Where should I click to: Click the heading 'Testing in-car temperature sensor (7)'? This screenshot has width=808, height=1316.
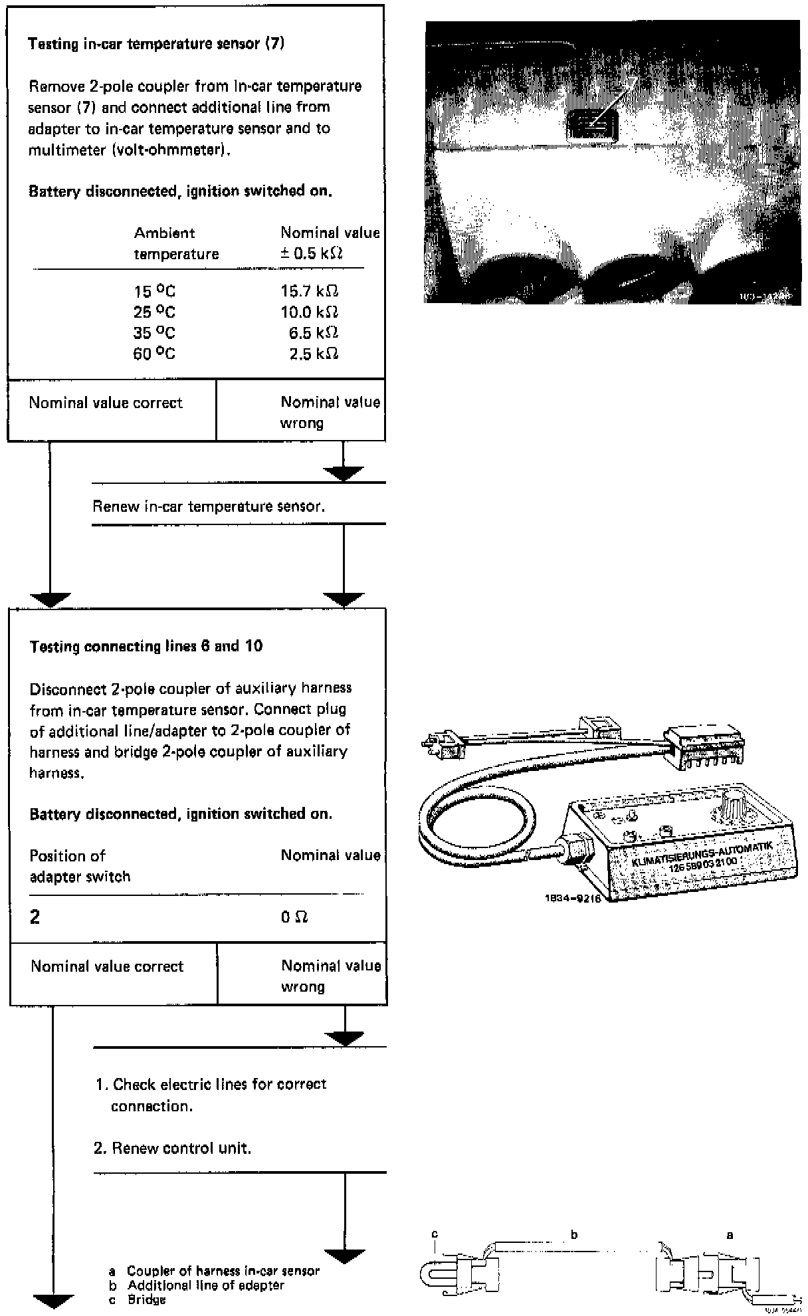[x=156, y=45]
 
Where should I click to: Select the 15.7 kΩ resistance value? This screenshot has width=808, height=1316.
[x=310, y=291]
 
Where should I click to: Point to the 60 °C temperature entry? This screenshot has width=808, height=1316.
[x=154, y=354]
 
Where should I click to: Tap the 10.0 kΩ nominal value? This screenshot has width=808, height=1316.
[x=310, y=312]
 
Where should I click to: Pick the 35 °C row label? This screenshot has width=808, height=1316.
[x=154, y=333]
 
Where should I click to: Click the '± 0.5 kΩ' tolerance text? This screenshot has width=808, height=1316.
[x=311, y=253]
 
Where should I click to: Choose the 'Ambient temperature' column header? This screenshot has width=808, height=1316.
[x=176, y=243]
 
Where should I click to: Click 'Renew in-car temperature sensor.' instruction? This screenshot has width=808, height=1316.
[x=209, y=506]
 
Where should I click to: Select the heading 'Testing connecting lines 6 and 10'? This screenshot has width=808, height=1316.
[x=146, y=646]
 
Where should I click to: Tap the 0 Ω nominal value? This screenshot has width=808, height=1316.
[x=294, y=917]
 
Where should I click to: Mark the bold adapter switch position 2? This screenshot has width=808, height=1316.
[x=35, y=917]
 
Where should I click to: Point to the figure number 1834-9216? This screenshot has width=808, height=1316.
[x=573, y=899]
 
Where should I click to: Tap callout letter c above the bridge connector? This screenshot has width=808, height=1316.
[x=435, y=1234]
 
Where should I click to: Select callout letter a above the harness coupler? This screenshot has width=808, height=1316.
[x=730, y=1235]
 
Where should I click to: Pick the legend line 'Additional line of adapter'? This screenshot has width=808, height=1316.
[x=205, y=1285]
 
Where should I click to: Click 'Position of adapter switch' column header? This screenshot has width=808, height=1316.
[x=80, y=865]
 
